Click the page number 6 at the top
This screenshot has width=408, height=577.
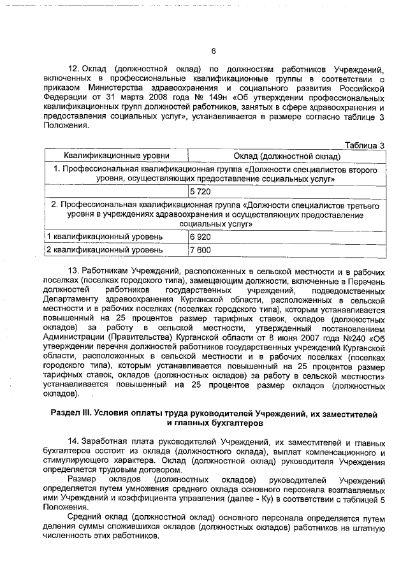[x=214, y=52]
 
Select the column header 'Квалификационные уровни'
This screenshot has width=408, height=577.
[x=116, y=156]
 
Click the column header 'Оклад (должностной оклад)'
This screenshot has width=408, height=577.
[x=287, y=156]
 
